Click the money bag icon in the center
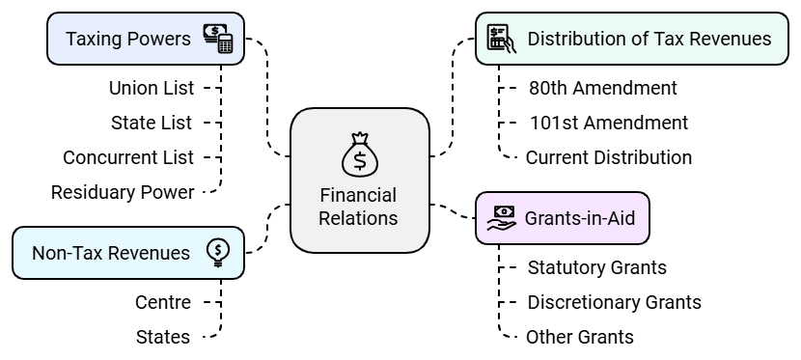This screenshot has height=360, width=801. tap(359, 152)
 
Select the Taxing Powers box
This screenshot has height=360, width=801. tap(145, 39)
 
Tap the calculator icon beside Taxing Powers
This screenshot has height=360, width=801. tap(218, 39)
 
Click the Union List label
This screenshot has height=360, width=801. tap(152, 88)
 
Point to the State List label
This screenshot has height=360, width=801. tap(152, 123)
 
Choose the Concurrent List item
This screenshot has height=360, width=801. tap(128, 157)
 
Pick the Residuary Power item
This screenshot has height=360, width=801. tap(123, 192)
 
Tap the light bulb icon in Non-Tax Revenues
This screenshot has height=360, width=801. tap(218, 252)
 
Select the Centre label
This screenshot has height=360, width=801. tap(163, 302)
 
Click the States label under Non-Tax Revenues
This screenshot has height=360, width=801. tap(163, 337)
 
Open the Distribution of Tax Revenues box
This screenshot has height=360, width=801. tap(631, 39)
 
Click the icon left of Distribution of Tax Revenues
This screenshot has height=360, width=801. tap(499, 39)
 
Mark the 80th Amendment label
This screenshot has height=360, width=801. tap(603, 88)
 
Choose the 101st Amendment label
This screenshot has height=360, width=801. tap(609, 123)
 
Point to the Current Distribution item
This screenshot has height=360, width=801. tap(609, 157)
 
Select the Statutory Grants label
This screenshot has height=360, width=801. tap(597, 267)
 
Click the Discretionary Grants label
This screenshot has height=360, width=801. tap(614, 302)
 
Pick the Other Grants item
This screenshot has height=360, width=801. tap(580, 337)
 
